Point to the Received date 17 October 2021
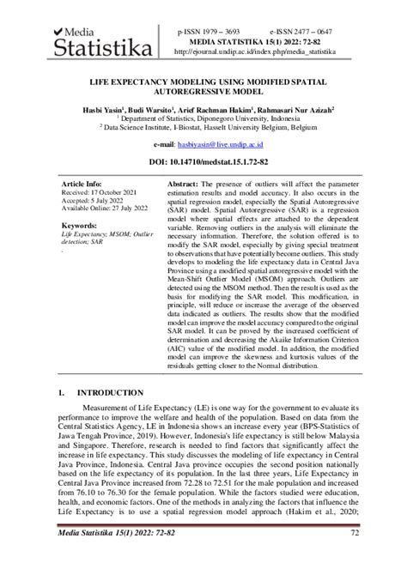(x=100, y=194)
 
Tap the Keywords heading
(x=79, y=226)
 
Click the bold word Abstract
(x=182, y=185)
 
